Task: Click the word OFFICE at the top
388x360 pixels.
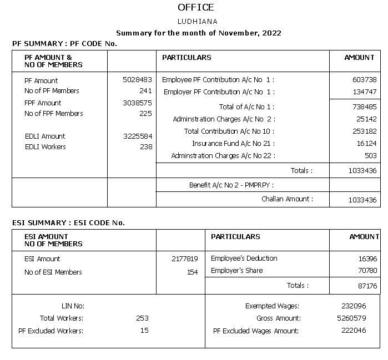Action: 195,7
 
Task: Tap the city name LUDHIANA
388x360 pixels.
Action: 197,22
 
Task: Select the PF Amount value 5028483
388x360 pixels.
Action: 137,80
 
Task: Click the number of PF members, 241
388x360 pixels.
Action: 145,90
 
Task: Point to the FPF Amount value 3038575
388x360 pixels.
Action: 137,103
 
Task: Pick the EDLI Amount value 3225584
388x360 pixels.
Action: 137,136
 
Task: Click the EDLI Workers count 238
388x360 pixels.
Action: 145,146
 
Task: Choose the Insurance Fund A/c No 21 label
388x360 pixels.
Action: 233,143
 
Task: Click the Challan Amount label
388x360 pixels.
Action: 287,199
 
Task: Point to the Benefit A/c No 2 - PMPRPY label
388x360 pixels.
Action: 231,185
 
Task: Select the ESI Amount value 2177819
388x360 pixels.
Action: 185,258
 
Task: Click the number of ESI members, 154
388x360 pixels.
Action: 192,272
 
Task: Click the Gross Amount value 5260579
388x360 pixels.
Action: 351,318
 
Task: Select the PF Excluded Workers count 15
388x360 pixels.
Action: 144,331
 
